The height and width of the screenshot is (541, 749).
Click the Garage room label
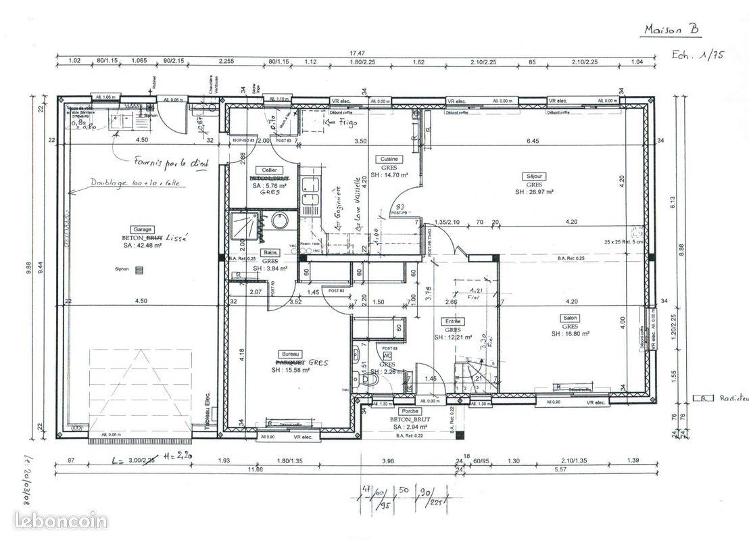coord(143,229)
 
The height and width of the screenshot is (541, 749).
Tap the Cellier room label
coord(269,170)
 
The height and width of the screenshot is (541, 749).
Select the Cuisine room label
coord(390,159)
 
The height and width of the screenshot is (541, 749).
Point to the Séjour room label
coord(535,176)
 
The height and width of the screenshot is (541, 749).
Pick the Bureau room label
coord(290,354)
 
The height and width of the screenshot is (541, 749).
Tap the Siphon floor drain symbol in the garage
coord(140,270)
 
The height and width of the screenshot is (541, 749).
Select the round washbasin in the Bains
coord(279,221)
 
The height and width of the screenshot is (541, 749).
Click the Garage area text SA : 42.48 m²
coord(143,245)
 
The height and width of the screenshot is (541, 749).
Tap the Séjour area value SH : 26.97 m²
coord(535,192)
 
